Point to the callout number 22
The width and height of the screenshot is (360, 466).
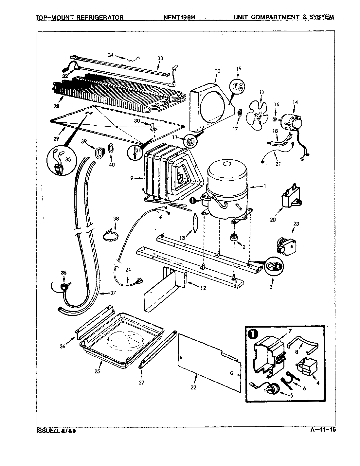[193, 387]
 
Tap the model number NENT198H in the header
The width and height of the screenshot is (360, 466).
[179, 17]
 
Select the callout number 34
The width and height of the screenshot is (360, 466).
[111, 55]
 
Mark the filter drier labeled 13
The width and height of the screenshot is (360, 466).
[195, 223]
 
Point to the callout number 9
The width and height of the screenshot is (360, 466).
[132, 178]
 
